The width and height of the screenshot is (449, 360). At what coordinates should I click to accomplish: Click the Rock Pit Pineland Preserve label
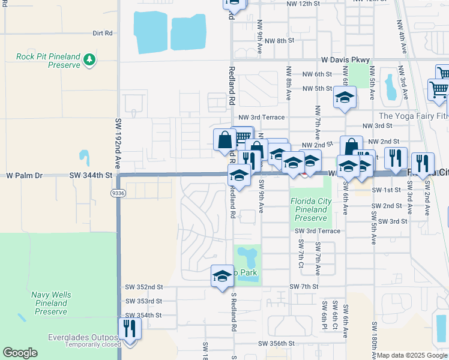pyautogui.click(x=48, y=61)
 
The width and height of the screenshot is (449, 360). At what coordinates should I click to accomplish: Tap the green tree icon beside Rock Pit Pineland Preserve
pyautogui.click(x=89, y=59)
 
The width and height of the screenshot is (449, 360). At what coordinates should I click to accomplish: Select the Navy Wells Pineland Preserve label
pyautogui.click(x=51, y=303)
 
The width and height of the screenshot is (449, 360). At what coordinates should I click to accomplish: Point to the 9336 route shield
pyautogui.click(x=118, y=193)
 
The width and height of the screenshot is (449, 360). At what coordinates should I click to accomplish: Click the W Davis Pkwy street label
pyautogui.click(x=345, y=60)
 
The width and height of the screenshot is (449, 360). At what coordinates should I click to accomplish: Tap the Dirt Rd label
pyautogui.click(x=103, y=34)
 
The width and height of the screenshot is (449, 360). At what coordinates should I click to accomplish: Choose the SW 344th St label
pyautogui.click(x=91, y=175)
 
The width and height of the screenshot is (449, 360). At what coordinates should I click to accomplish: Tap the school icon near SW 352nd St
pyautogui.click(x=222, y=276)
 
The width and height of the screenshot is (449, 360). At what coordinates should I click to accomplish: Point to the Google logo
pyautogui.click(x=20, y=353)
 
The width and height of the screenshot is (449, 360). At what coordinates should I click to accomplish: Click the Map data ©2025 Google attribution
pyautogui.click(x=412, y=355)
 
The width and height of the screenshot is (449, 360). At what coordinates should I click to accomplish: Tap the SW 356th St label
pyautogui.click(x=277, y=344)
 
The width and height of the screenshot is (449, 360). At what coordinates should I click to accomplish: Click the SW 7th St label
pyautogui.click(x=303, y=287)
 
